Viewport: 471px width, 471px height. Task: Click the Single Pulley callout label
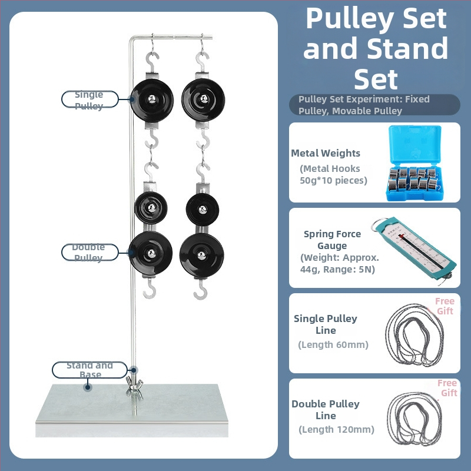[90, 99]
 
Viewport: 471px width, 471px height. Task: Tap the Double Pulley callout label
[90, 253]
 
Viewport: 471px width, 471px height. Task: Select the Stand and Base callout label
[89, 370]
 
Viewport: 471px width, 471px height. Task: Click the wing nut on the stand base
[134, 385]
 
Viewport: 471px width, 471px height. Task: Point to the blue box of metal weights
[414, 163]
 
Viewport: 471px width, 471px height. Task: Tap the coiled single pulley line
[414, 335]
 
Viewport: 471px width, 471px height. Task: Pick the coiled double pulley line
[414, 419]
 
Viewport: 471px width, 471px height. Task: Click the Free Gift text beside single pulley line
[445, 306]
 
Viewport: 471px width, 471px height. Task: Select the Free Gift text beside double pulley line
[447, 388]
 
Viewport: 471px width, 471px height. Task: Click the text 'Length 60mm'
[333, 344]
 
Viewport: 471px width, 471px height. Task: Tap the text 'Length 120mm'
[336, 430]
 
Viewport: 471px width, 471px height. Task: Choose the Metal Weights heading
[326, 153]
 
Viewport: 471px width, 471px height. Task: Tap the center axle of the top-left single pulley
[152, 99]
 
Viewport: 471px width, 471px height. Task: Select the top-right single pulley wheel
[203, 99]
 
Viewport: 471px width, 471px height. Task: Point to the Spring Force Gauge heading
[332, 240]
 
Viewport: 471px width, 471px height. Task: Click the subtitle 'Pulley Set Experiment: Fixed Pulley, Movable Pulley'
[364, 105]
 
